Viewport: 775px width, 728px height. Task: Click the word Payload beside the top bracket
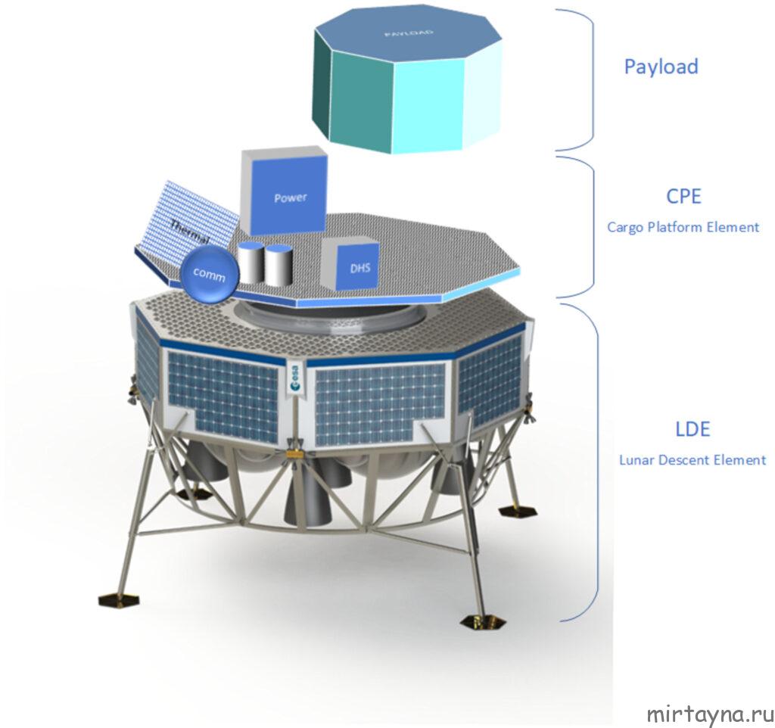click(661, 66)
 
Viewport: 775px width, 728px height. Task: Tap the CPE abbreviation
click(683, 197)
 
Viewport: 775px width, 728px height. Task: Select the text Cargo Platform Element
click(683, 226)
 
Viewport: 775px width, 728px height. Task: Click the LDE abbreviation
click(693, 429)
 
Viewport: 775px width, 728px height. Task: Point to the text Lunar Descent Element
click(693, 459)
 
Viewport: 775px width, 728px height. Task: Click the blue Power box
click(290, 198)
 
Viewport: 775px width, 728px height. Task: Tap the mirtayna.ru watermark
click(710, 714)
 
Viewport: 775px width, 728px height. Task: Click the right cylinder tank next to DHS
click(278, 265)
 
